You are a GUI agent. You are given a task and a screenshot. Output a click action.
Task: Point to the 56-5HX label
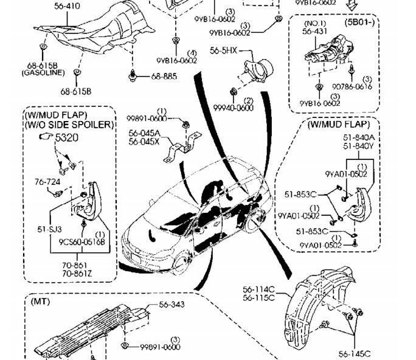click(223, 51)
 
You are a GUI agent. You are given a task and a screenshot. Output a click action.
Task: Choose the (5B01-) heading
click(360, 22)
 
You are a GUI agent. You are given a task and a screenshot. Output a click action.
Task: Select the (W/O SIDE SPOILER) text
click(69, 125)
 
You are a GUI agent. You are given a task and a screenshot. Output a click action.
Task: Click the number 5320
click(67, 138)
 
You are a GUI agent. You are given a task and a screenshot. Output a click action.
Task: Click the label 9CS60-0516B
click(82, 241)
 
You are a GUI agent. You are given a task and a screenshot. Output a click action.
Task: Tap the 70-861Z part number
click(74, 274)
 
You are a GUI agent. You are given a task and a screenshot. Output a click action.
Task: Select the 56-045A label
click(144, 133)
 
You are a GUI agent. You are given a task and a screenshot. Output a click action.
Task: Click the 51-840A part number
click(359, 138)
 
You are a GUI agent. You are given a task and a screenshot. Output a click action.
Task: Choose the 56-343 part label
click(172, 305)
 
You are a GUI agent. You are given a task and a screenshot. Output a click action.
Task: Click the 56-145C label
click(355, 354)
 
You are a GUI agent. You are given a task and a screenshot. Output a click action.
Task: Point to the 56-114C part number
click(258, 289)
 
